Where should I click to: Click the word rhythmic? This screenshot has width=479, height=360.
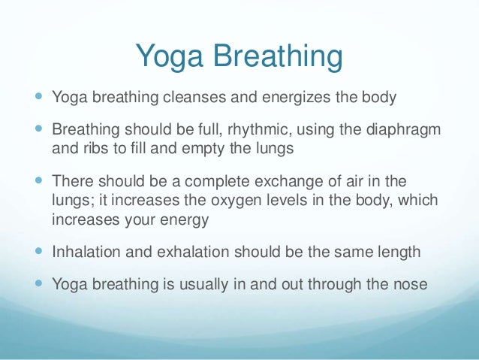tap(248, 132)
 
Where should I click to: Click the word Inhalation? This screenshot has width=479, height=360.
tap(83, 252)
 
